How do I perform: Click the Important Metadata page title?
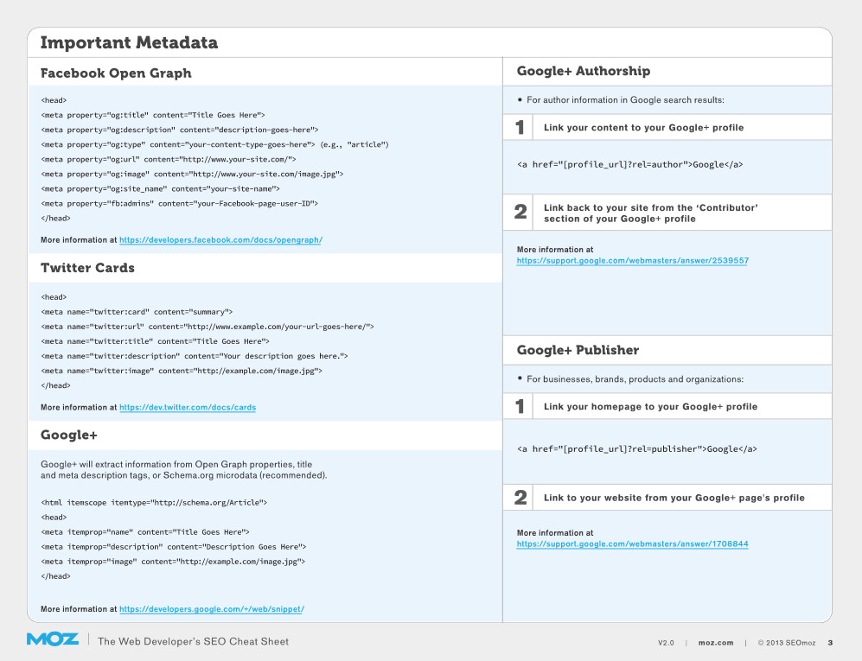129,42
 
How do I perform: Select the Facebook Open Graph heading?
116,73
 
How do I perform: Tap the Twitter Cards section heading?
87,268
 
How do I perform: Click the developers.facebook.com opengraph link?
220,240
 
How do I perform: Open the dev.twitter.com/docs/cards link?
188,407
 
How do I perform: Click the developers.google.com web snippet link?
212,609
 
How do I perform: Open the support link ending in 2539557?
632,260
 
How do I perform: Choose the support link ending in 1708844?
632,544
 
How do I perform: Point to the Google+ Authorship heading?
583,72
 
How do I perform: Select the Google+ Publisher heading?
578,350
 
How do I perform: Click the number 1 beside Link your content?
520,128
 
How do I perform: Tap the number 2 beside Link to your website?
520,498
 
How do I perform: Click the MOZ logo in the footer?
52,640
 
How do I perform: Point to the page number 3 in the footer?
830,642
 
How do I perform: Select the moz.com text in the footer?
716,643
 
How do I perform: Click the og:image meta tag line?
192,174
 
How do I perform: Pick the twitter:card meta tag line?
137,312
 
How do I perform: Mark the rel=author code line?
629,164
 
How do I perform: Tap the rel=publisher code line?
636,449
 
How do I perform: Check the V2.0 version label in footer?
666,643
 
